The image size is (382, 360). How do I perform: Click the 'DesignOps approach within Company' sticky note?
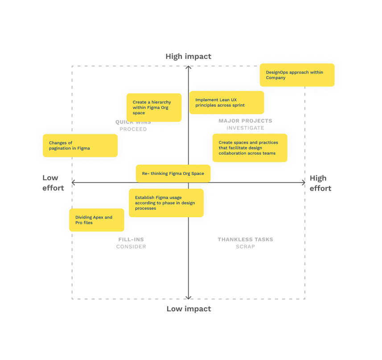[297, 75]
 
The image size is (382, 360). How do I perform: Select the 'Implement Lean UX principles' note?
[226, 103]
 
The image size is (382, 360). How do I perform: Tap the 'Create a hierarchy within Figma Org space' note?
[154, 108]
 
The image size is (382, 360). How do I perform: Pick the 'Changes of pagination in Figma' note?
[80, 145]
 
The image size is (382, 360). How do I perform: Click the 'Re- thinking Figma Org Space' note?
[173, 174]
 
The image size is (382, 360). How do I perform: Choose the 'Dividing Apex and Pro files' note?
[97, 220]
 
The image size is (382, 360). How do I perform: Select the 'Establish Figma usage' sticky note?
[166, 203]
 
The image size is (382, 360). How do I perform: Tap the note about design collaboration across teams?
[250, 148]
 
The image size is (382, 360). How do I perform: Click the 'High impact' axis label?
[188, 56]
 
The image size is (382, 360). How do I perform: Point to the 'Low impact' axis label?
[189, 309]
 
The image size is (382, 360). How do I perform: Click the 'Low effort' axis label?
[53, 183]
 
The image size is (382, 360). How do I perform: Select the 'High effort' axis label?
[320, 183]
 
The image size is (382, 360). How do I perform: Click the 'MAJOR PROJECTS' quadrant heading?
[245, 121]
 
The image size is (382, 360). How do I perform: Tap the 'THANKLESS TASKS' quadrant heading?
[245, 240]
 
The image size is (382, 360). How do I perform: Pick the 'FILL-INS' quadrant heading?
[131, 240]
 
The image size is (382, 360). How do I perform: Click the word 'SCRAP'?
[245, 247]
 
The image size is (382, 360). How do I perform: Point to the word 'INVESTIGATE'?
[245, 128]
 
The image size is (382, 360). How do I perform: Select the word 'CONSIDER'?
[131, 247]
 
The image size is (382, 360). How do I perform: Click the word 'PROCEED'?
[133, 129]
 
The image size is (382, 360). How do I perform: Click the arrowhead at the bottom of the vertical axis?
[188, 298]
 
